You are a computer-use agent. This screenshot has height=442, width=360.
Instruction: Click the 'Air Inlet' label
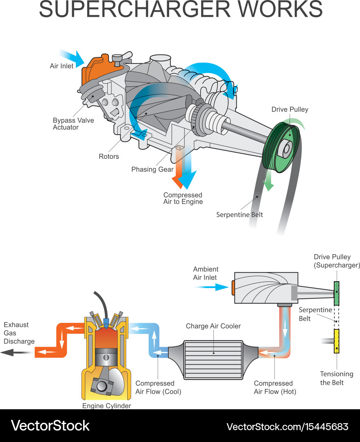coord(61,66)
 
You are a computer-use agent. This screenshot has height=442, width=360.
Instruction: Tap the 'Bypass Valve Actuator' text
coord(73,124)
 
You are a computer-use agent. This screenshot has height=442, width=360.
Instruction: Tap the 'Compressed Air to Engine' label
coord(183,198)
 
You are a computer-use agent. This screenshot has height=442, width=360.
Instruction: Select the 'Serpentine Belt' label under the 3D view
coord(240,214)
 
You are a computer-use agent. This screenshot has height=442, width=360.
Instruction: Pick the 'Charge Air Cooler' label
coord(213,326)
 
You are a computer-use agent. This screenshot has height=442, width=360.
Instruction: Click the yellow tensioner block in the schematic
coord(337,341)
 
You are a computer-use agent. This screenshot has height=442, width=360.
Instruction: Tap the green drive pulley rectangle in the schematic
coord(337,293)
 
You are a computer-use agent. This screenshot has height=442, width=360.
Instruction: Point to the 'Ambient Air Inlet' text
coord(206,273)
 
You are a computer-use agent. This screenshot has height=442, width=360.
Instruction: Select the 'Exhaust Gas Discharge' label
coord(19,333)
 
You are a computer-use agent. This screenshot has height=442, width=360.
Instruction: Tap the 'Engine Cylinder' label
coord(106,406)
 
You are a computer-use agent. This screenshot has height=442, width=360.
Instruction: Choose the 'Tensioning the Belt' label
coord(336,378)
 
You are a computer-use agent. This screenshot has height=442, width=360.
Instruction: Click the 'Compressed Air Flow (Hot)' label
coord(274,387)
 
